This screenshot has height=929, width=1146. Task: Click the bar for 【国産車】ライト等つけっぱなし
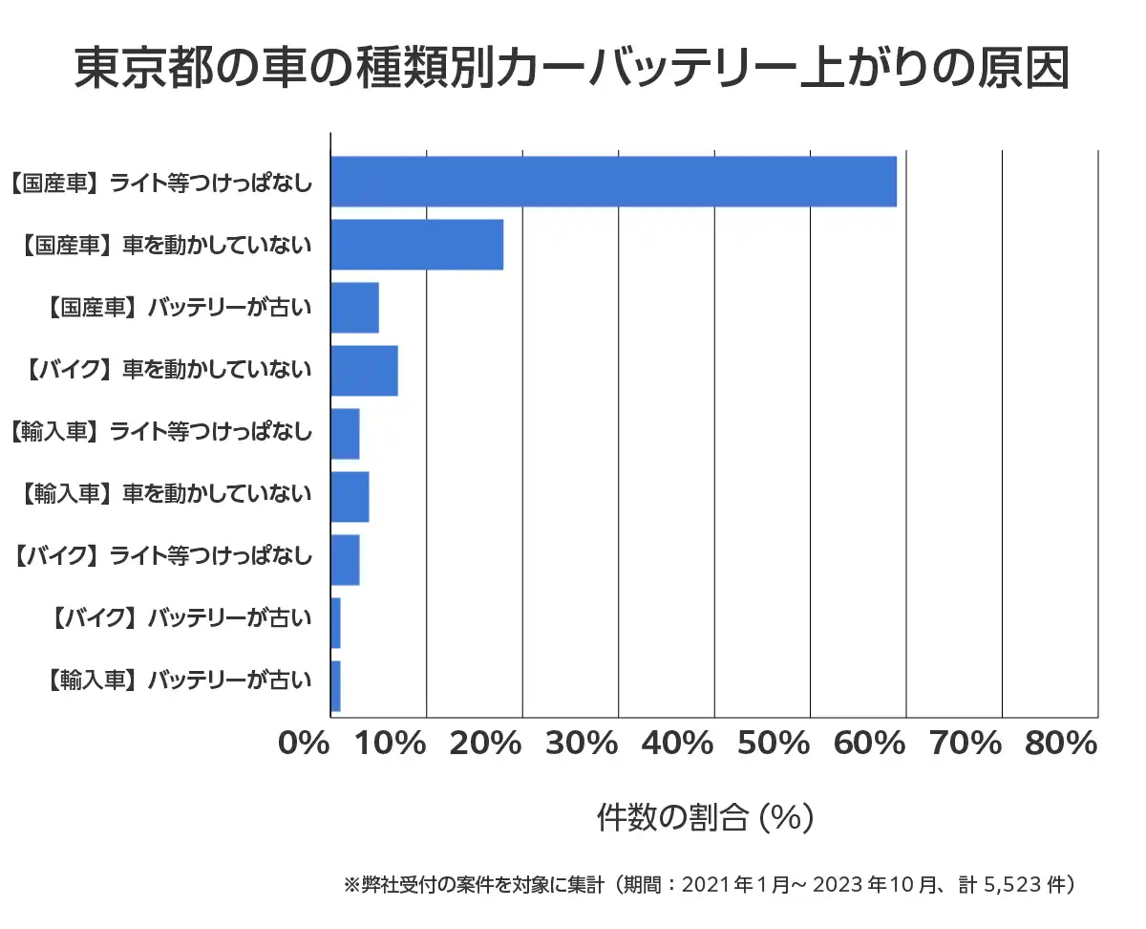[x=613, y=182]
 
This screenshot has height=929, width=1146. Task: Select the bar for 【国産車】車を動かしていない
[x=416, y=245]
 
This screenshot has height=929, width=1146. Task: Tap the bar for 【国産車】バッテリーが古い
[x=354, y=308]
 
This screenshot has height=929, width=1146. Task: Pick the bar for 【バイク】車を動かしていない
[x=364, y=371]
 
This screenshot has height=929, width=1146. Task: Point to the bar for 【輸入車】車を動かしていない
[x=350, y=497]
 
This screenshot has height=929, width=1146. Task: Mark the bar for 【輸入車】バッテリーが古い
[x=335, y=686]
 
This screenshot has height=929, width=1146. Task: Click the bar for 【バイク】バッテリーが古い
[x=335, y=623]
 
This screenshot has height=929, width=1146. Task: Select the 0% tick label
[x=304, y=744]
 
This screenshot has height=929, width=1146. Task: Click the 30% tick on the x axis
[x=583, y=744]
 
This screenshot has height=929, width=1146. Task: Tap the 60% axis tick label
[x=870, y=744]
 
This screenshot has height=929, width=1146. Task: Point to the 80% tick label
[x=1061, y=744]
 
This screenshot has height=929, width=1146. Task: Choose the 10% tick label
[x=391, y=744]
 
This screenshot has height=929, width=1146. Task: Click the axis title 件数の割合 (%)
[x=705, y=817]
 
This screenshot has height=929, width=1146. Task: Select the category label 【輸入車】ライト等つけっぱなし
[x=159, y=433]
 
